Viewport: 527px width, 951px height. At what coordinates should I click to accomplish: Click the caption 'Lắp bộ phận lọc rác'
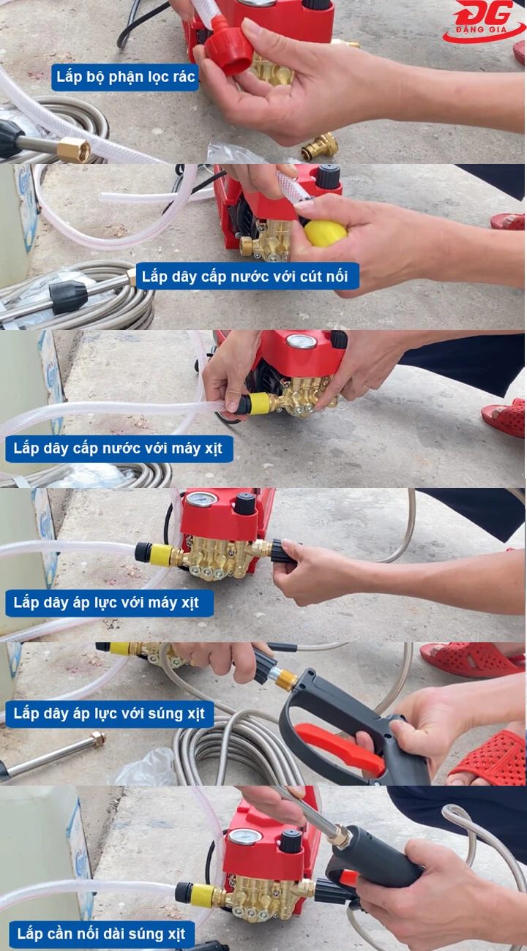click(x=125, y=77)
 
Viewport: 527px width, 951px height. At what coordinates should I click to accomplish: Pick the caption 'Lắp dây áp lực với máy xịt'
click(x=107, y=604)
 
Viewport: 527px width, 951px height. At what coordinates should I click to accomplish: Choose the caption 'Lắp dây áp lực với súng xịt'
click(x=109, y=713)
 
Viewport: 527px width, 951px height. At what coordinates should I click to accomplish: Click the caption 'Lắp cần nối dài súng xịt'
click(x=102, y=934)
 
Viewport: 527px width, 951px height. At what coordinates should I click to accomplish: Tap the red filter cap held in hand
click(x=229, y=50)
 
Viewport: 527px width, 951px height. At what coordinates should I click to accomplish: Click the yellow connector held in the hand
click(x=325, y=233)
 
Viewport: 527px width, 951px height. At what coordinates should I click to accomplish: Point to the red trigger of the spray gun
click(x=340, y=748)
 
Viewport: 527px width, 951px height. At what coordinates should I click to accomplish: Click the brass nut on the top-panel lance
click(x=73, y=150)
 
